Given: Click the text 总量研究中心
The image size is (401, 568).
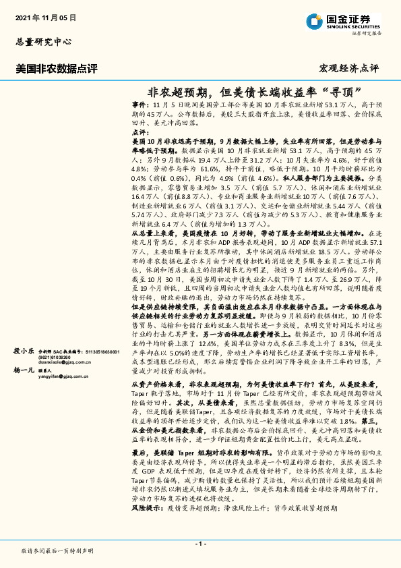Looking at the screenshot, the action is pyautogui.click(x=43, y=41).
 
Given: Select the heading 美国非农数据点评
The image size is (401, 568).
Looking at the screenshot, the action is pyautogui.click(x=57, y=68).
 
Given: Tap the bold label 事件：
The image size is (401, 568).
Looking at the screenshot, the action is pyautogui.click(x=141, y=106).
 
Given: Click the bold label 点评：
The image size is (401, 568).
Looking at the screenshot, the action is pyautogui.click(x=141, y=134).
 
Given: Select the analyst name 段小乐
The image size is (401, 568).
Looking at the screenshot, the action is pyautogui.click(x=24, y=351).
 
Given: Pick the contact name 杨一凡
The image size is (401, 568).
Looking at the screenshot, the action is pyautogui.click(x=24, y=370).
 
